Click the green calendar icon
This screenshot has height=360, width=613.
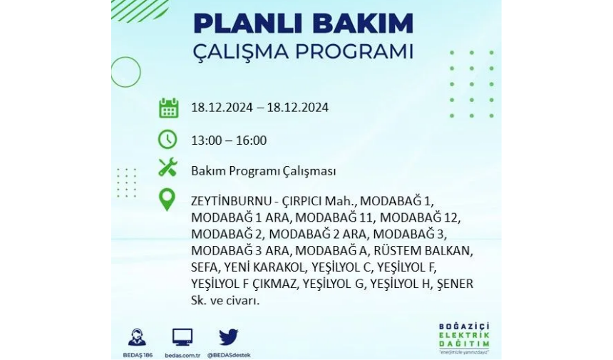pos(168,108)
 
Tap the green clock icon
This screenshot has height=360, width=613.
pos(168,140)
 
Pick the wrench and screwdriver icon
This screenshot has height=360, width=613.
pos(168,168)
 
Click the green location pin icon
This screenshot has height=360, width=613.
pos(167,200)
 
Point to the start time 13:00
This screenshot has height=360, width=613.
pos(207,140)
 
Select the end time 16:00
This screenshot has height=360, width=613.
pos(251,140)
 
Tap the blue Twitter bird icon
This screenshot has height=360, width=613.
pos(228,337)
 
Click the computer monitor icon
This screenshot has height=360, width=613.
pos(182,337)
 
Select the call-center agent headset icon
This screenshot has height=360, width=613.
pos(138,337)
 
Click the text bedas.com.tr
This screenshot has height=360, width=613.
pos(182,355)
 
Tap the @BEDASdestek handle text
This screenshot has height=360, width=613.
pos(229,355)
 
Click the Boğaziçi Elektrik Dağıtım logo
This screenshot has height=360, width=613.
pos(464,338)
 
